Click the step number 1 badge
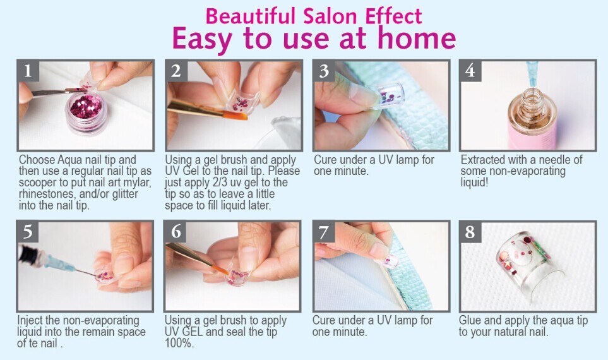[x=28, y=71]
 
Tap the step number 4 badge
[x=470, y=71]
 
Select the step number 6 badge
[x=176, y=232]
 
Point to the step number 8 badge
[x=470, y=232]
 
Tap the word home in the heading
[x=417, y=38]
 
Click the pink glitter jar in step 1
[x=86, y=109]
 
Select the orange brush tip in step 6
[x=221, y=268]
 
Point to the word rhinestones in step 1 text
[x=46, y=193]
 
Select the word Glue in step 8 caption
[x=470, y=320]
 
